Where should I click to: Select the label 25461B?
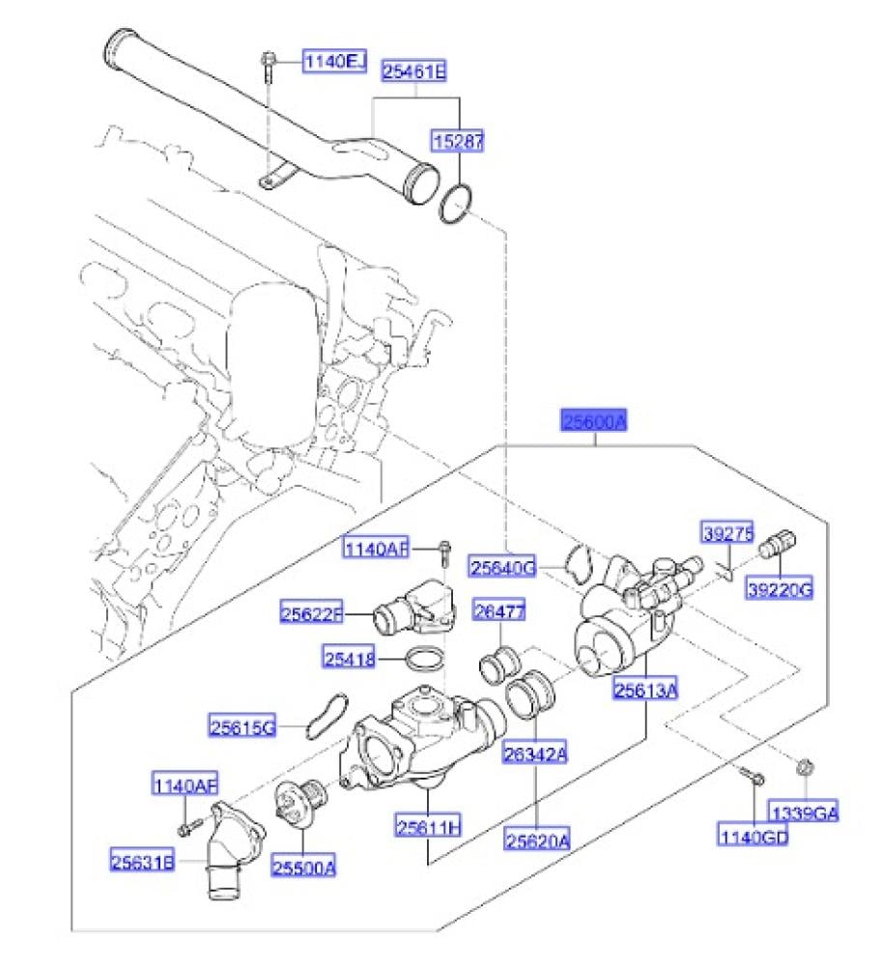point(414,70)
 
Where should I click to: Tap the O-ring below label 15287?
point(457,204)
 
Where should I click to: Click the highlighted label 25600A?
point(596,421)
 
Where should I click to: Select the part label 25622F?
point(312,612)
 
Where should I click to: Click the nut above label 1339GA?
point(804,769)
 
